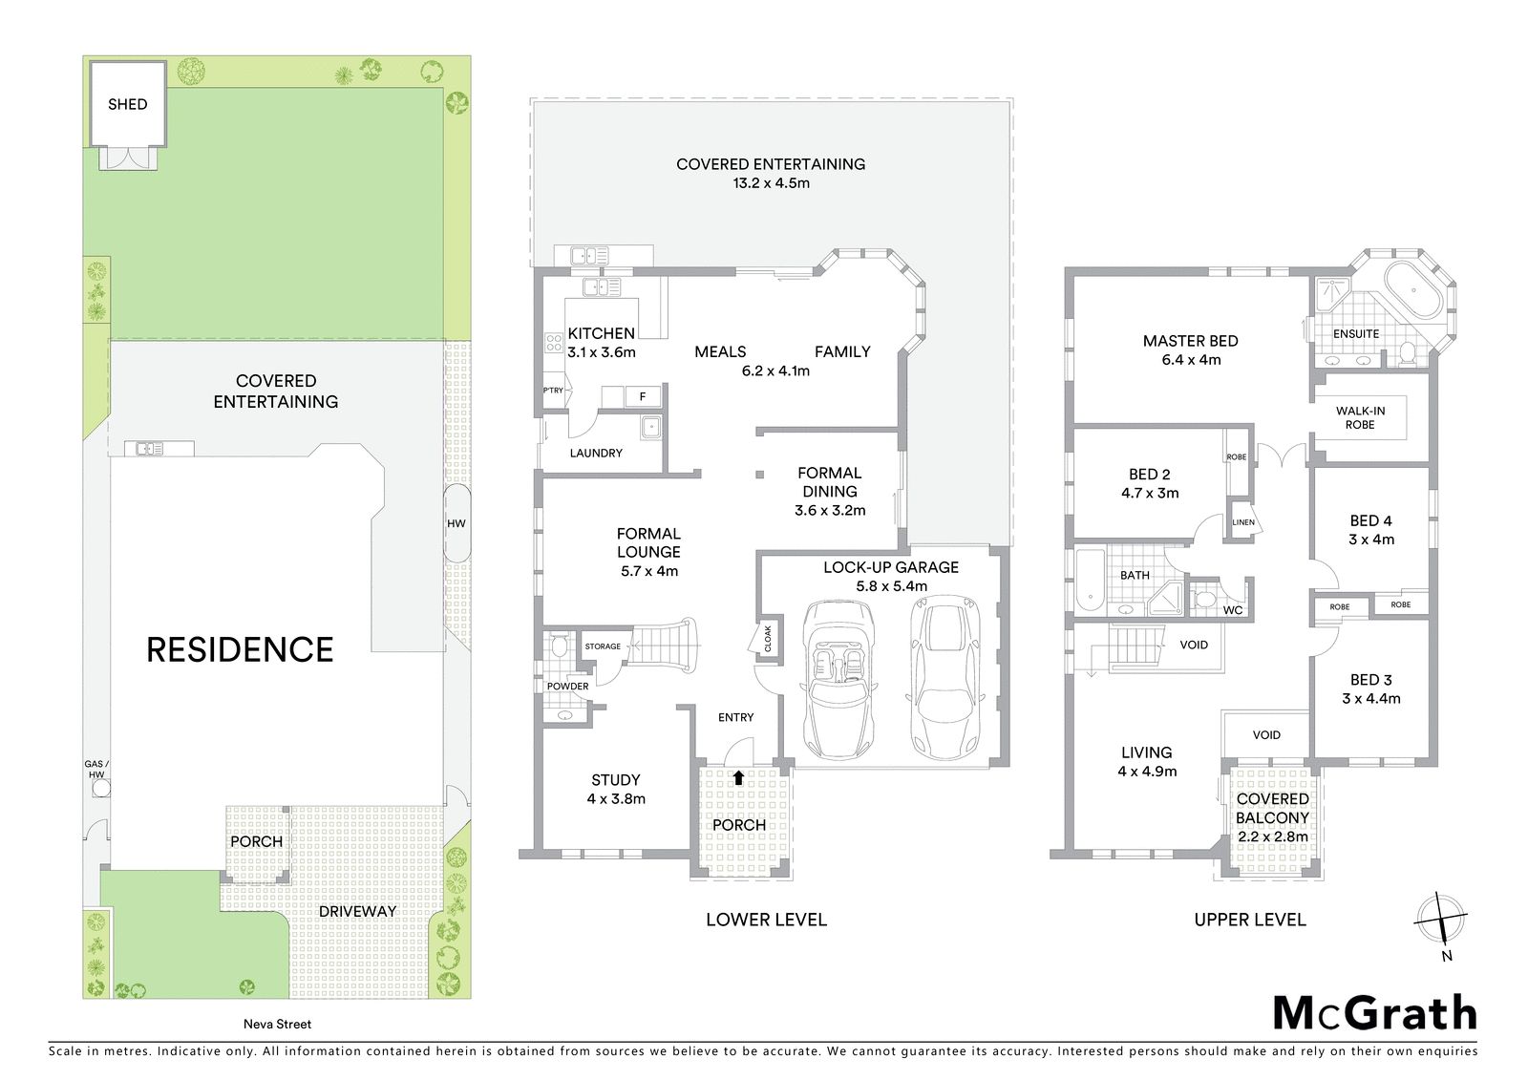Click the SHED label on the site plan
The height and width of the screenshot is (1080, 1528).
click(128, 104)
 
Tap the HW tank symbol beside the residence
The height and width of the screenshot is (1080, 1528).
click(456, 523)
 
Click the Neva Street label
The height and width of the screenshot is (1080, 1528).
click(278, 1024)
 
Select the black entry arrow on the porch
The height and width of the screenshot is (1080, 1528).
click(738, 777)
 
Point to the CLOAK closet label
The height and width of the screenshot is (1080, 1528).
click(768, 639)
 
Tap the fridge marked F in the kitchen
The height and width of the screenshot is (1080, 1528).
click(643, 396)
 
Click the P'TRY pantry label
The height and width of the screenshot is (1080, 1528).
click(553, 391)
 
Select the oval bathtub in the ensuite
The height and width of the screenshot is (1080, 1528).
click(1414, 289)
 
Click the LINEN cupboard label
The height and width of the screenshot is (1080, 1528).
click(1243, 522)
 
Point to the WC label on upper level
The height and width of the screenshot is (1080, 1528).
click(1233, 610)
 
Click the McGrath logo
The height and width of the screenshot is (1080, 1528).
click(1375, 1013)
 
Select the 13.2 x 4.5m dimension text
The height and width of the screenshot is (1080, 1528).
click(771, 182)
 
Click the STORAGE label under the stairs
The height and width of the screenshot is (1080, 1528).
click(603, 646)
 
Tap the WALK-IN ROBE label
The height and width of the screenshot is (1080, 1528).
click(1360, 417)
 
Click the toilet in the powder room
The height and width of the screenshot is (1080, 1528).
click(560, 646)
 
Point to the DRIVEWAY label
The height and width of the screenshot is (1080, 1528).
click(357, 912)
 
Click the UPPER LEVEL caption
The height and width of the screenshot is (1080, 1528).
click(1250, 920)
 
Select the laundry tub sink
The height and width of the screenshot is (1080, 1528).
click(650, 428)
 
